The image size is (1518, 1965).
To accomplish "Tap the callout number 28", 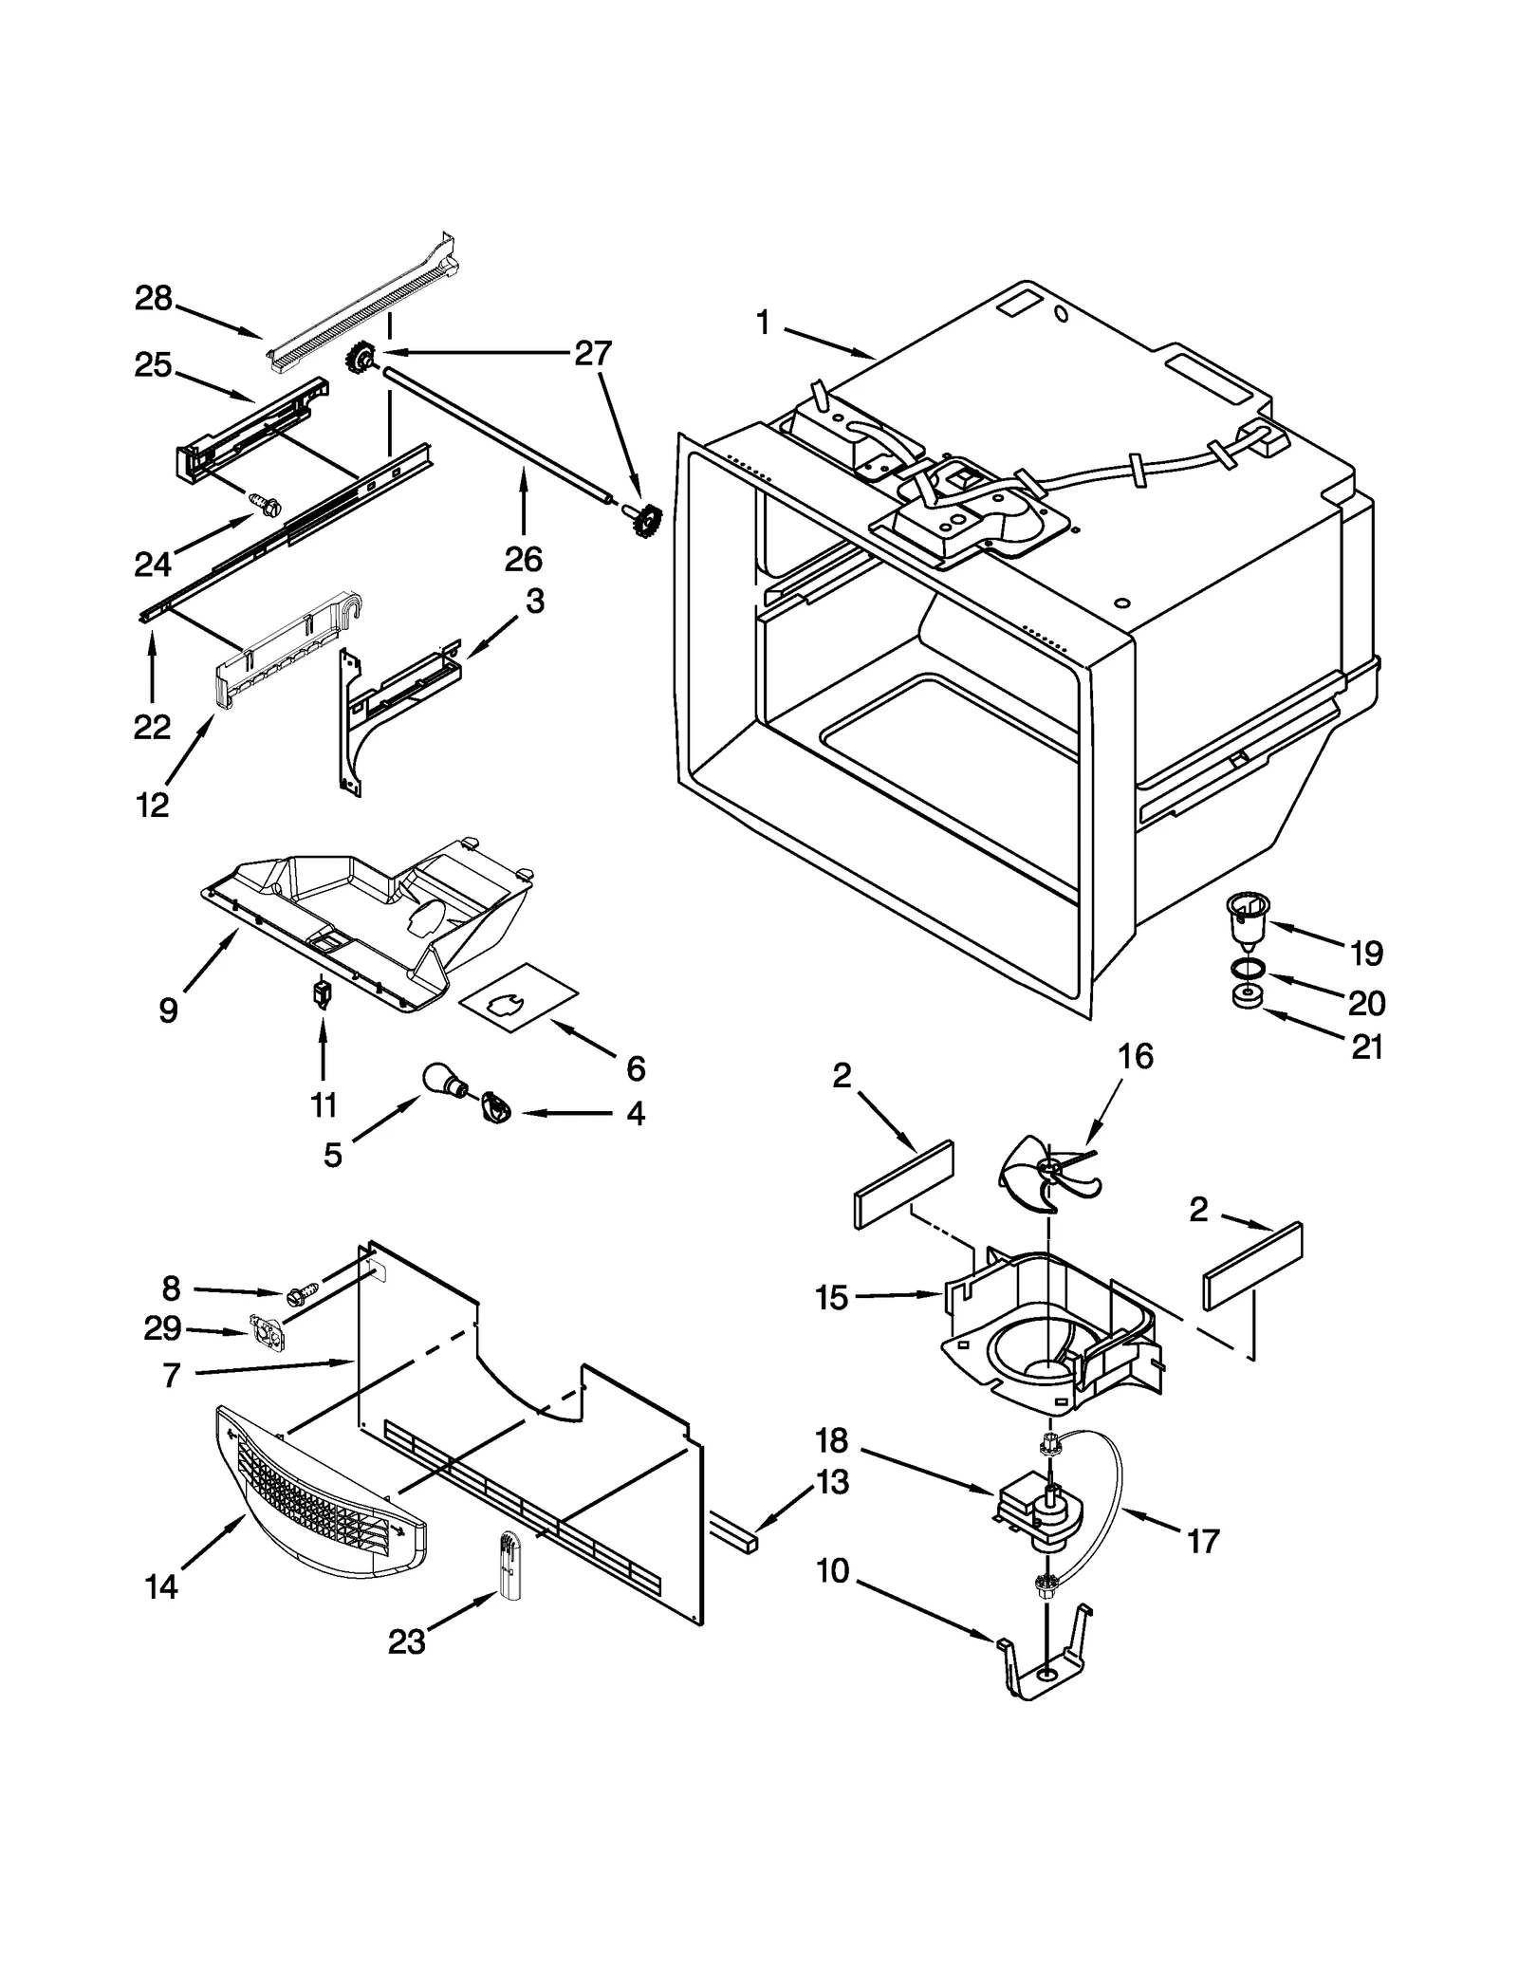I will [153, 299].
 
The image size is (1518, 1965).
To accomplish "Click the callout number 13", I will [832, 1481].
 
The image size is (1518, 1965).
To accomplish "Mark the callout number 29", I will [162, 1328].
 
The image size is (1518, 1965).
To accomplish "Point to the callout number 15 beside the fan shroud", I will [831, 1297].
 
